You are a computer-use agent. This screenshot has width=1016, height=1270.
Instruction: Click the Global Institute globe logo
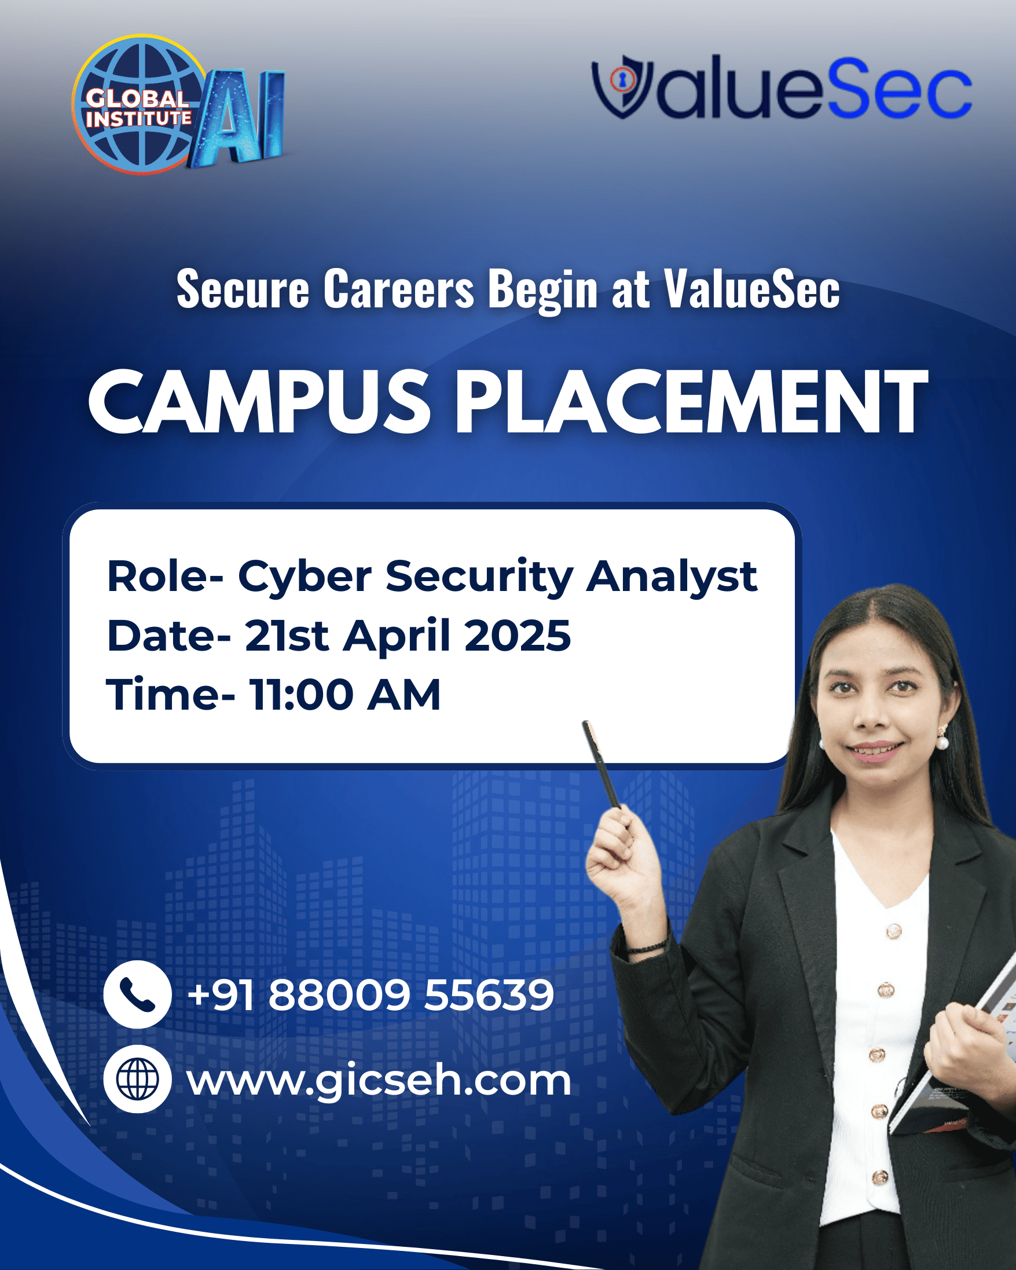(140, 105)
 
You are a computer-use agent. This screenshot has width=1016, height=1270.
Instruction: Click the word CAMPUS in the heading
(260, 402)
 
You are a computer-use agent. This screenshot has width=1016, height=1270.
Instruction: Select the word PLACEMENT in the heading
(691, 402)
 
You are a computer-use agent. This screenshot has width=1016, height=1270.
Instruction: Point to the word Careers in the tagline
(399, 289)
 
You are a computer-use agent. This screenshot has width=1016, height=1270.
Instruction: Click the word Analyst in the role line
(672, 577)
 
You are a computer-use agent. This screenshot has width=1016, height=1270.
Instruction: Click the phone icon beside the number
(137, 994)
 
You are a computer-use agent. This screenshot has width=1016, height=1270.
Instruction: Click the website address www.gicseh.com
(379, 1081)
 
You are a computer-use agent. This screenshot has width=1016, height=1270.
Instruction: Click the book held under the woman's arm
(955, 1055)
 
